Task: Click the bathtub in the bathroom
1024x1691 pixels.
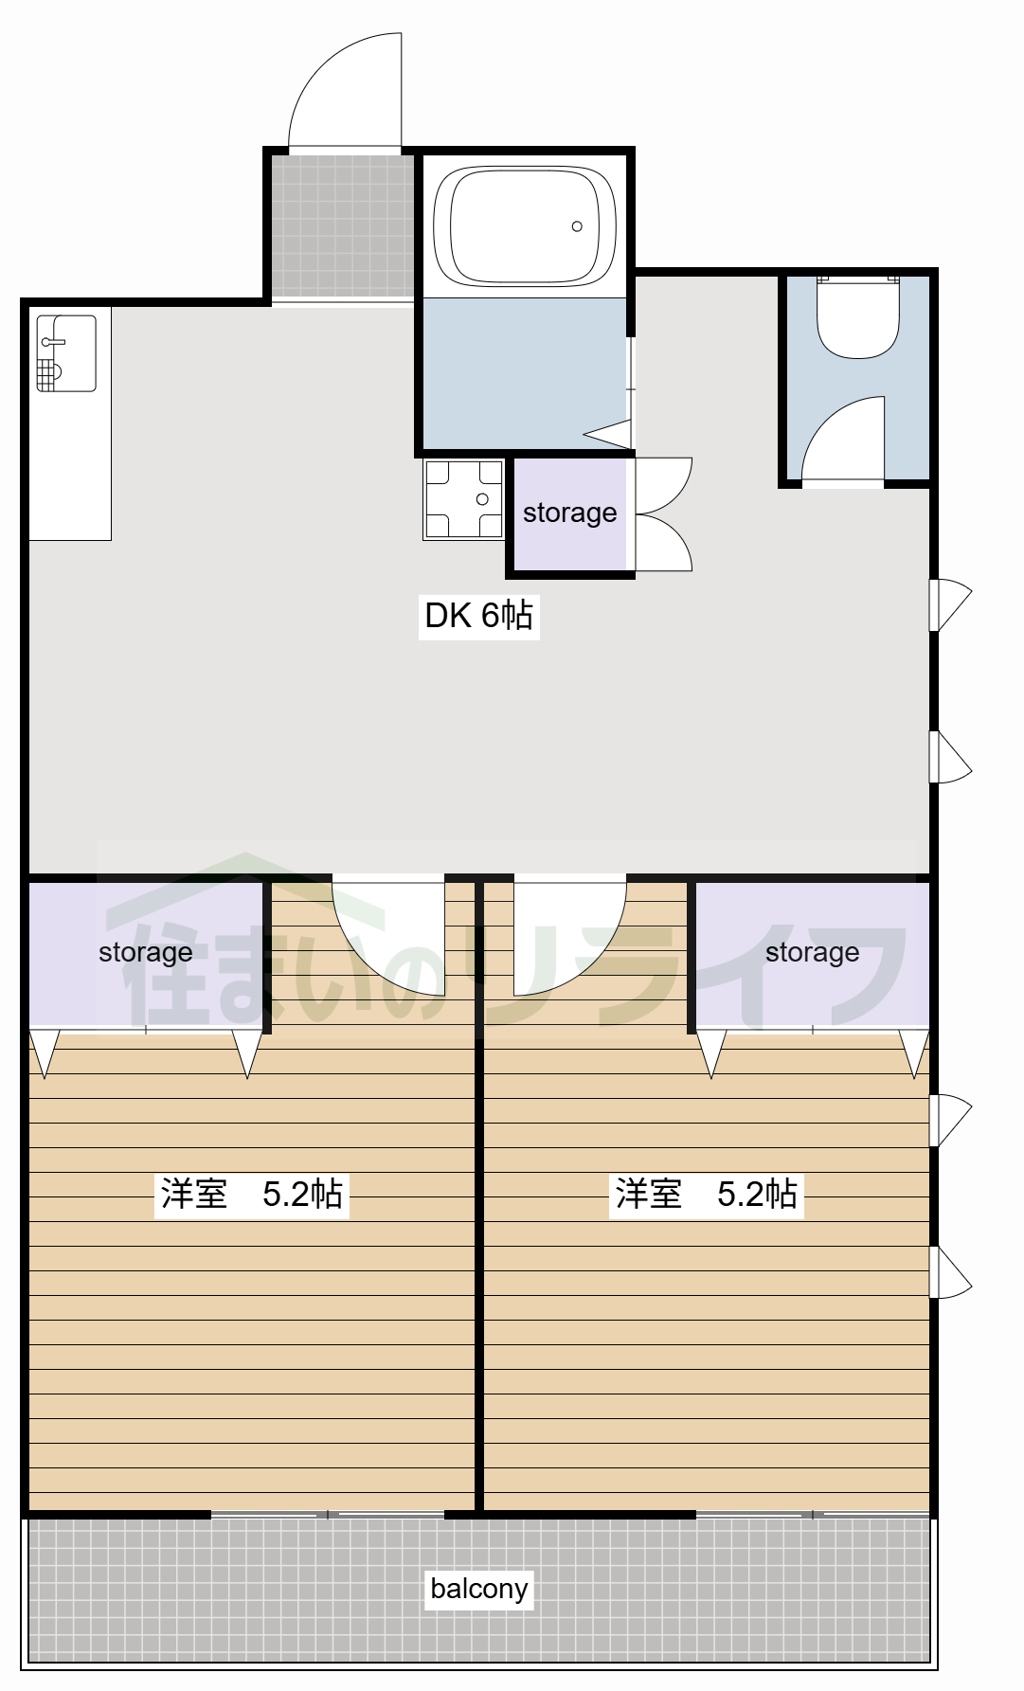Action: [524, 225]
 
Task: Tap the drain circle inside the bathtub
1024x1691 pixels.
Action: [577, 226]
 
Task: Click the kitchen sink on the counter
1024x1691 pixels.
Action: [66, 353]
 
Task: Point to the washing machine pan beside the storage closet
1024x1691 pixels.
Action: [463, 499]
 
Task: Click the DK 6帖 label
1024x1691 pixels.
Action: [478, 616]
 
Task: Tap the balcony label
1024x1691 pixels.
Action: [478, 1589]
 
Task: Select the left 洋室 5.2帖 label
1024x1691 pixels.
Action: [251, 1194]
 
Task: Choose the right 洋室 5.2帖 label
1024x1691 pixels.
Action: [706, 1194]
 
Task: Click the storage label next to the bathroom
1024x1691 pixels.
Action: [569, 513]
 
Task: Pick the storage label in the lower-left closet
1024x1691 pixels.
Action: [145, 952]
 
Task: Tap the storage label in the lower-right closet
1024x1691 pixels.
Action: [812, 952]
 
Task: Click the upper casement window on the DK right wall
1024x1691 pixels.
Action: [950, 604]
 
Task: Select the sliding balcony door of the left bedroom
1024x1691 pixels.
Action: [327, 1515]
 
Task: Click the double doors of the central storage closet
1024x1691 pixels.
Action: [662, 514]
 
